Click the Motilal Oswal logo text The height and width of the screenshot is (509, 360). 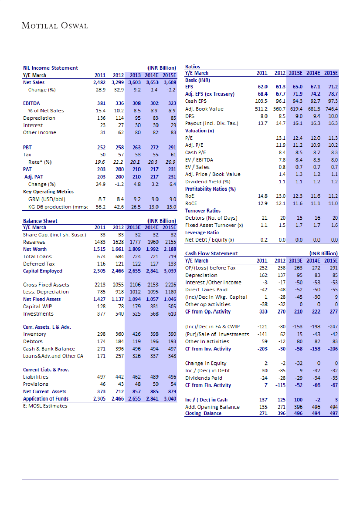[55, 26]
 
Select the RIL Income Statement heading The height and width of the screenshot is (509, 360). [50, 68]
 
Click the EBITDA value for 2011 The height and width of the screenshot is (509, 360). [99, 104]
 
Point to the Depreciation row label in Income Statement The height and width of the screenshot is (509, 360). [39, 118]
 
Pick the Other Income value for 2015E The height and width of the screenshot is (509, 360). [170, 132]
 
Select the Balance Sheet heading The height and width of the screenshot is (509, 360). [40, 221]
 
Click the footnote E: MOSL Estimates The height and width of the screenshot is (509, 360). [45, 406]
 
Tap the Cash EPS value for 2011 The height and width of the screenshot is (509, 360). [260, 101]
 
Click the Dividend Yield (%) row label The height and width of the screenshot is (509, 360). [208, 182]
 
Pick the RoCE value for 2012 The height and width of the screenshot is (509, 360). [280, 203]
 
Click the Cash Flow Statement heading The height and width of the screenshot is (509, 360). [211, 253]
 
